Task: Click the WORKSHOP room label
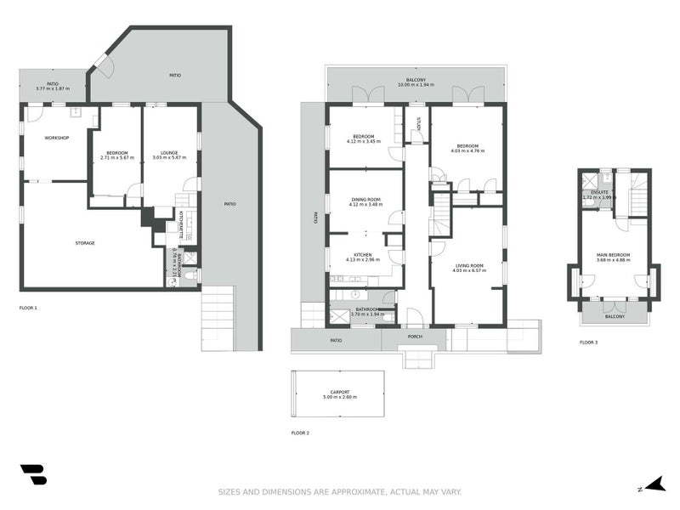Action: click(x=56, y=138)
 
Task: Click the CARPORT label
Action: click(x=338, y=392)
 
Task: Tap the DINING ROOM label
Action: click(x=365, y=200)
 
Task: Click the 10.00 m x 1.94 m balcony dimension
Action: click(x=415, y=85)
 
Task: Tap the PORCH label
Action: click(x=415, y=336)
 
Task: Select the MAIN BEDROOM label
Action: click(x=613, y=254)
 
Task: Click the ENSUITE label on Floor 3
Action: click(x=599, y=193)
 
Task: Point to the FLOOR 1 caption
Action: click(x=28, y=307)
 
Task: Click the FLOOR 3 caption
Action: click(x=588, y=342)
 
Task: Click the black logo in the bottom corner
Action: click(x=33, y=474)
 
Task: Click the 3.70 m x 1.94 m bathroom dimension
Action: click(x=367, y=314)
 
